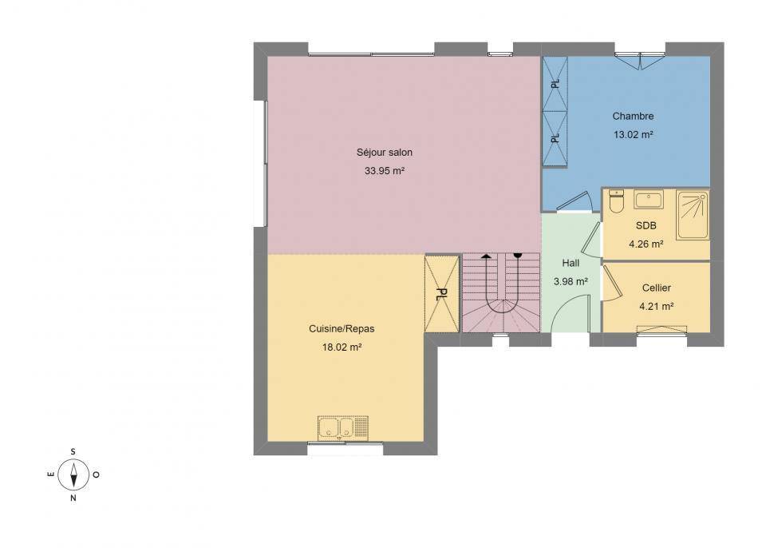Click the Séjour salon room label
(x=385, y=153)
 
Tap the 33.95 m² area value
(x=385, y=171)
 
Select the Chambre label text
(x=633, y=117)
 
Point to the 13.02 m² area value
(x=633, y=134)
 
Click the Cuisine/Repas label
(x=342, y=329)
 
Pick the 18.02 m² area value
(x=342, y=347)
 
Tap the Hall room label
(x=571, y=264)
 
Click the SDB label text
(x=646, y=225)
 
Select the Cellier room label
(x=657, y=288)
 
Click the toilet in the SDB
(x=617, y=201)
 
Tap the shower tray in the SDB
(x=693, y=216)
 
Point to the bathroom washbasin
(x=649, y=200)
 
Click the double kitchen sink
(x=343, y=428)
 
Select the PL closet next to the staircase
(x=442, y=294)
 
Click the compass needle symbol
(x=73, y=475)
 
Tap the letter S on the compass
(x=73, y=451)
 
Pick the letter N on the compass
(x=73, y=498)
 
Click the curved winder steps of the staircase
(x=501, y=316)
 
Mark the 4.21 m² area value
(x=657, y=307)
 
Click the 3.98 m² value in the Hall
(x=571, y=282)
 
